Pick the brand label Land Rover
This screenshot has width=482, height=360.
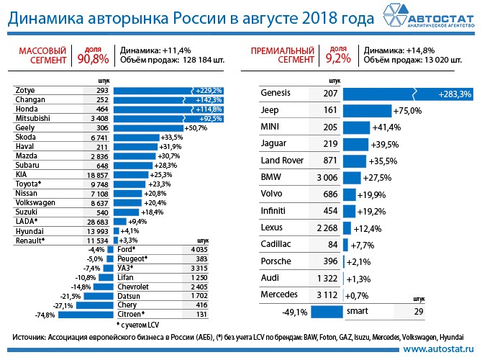pyautogui.click(x=281, y=160)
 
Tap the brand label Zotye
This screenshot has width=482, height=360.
pyautogui.click(x=27, y=90)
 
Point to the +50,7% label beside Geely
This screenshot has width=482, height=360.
pyautogui.click(x=176, y=127)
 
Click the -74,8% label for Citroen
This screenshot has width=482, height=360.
pyautogui.click(x=46, y=315)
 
